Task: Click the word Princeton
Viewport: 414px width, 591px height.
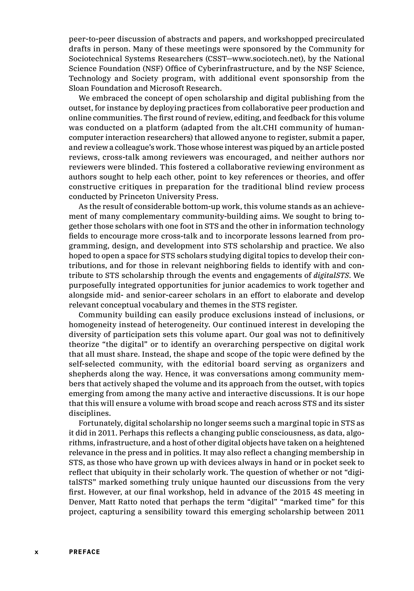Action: (136, 197)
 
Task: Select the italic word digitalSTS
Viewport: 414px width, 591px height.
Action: (332, 276)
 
